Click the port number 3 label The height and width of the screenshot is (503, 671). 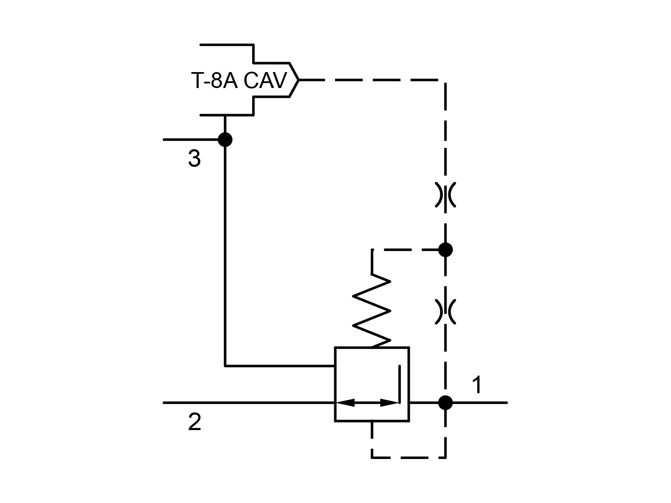tap(194, 159)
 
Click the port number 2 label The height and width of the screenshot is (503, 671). tap(195, 422)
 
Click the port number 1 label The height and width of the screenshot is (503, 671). tap(476, 385)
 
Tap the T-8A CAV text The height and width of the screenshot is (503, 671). tap(239, 80)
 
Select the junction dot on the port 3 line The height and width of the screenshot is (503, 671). tap(225, 139)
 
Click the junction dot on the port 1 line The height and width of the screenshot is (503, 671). tap(445, 402)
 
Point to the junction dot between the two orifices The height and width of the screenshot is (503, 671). tap(445, 250)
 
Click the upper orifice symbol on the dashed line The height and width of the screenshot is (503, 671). tap(445, 195)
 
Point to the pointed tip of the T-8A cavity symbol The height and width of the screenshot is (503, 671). tap(298, 80)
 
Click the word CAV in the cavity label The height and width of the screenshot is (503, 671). tap(265, 80)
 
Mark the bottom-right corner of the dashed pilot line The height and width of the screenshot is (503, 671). tap(445, 457)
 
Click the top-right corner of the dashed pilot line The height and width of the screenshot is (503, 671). tap(445, 80)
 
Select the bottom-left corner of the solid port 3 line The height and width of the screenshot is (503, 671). tap(225, 366)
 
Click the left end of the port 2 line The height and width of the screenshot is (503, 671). tap(164, 402)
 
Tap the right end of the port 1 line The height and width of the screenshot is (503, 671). tap(507, 402)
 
